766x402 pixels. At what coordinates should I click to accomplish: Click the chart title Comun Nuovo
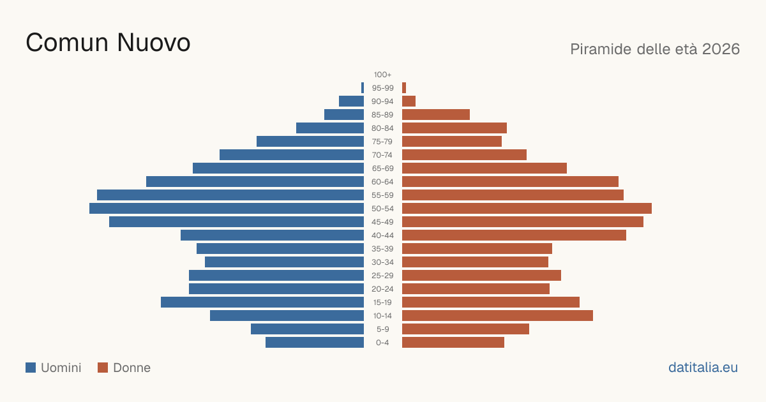[x=108, y=43]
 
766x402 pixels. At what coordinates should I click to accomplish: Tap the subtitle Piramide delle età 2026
[x=655, y=49]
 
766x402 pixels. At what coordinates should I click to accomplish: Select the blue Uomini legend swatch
[x=31, y=368]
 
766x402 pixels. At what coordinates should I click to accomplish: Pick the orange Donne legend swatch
[x=103, y=368]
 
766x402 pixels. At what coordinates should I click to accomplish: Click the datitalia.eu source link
[x=703, y=368]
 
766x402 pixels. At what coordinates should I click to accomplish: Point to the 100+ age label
[x=382, y=75]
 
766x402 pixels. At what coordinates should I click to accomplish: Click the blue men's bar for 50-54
[x=227, y=209]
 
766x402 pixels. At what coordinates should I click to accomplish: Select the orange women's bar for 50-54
[x=527, y=209]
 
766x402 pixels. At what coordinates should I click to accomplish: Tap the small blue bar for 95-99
[x=363, y=88]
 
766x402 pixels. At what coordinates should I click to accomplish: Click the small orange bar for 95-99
[x=404, y=88]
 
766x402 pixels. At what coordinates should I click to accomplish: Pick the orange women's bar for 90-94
[x=409, y=101]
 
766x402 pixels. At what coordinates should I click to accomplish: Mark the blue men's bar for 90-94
[x=352, y=101]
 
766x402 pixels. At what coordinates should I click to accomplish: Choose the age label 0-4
[x=382, y=343]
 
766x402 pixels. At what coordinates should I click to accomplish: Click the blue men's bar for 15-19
[x=262, y=302]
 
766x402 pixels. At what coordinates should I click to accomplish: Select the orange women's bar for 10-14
[x=497, y=315]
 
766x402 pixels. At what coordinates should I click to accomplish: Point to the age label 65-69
[x=382, y=168]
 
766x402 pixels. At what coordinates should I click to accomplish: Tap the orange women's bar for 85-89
[x=436, y=114]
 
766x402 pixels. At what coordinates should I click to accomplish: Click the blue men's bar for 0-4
[x=315, y=343]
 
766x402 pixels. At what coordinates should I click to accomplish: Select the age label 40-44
[x=382, y=235]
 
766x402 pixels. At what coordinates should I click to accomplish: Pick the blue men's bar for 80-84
[x=330, y=128]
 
